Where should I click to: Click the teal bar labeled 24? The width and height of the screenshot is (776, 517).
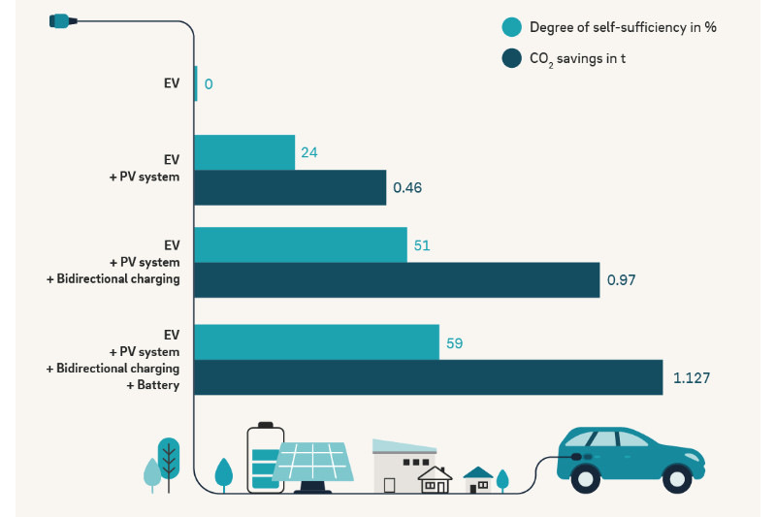click(x=244, y=152)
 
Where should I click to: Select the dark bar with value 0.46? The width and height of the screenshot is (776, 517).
click(x=290, y=187)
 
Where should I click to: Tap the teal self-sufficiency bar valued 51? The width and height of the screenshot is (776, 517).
click(x=301, y=244)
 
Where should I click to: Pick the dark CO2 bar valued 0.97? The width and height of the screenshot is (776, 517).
click(x=397, y=279)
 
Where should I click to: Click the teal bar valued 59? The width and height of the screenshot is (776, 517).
click(x=317, y=342)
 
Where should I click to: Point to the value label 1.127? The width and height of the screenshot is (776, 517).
click(x=692, y=377)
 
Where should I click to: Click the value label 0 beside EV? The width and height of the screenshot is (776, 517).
click(x=209, y=84)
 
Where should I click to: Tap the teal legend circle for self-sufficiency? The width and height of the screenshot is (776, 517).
click(x=512, y=27)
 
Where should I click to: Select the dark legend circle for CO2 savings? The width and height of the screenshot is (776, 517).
click(x=512, y=59)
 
